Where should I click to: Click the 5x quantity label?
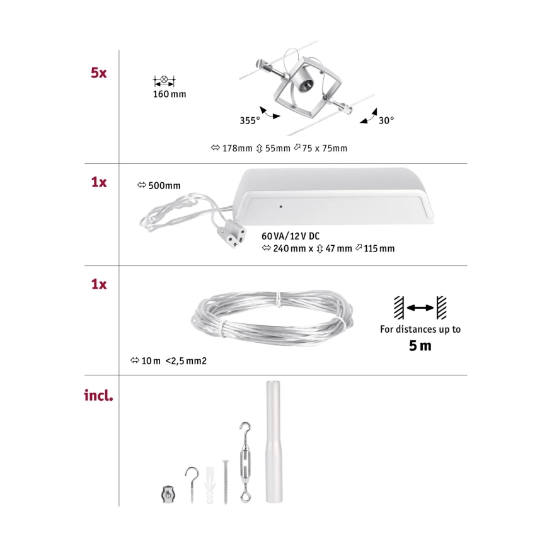[98, 72]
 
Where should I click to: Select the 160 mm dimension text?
[170, 95]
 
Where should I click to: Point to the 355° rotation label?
[250, 120]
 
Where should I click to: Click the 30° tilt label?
[386, 120]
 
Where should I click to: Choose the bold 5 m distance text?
[420, 345]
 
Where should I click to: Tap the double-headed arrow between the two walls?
[420, 308]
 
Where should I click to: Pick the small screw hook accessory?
[192, 479]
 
